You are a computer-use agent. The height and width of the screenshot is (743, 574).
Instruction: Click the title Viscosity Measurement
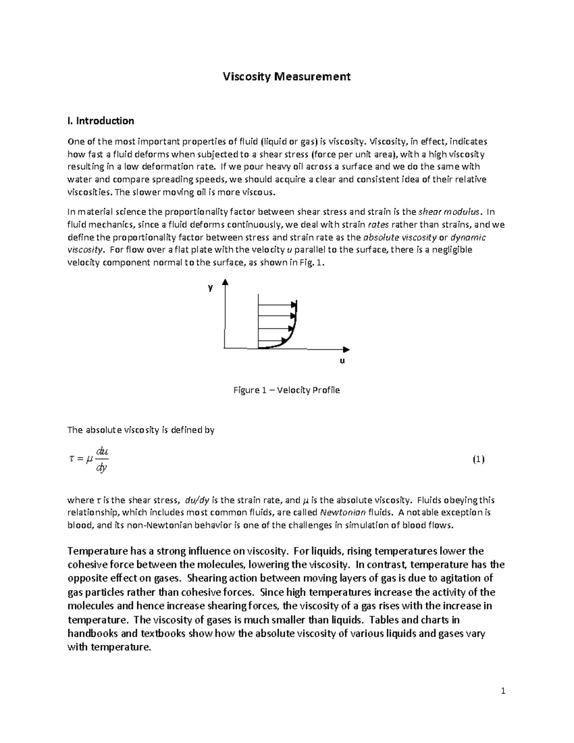(287, 77)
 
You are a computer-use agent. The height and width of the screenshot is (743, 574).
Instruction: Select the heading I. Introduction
(101, 121)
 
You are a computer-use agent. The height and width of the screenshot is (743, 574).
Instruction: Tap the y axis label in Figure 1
(210, 288)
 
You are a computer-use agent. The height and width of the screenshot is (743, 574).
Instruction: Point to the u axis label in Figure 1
(342, 361)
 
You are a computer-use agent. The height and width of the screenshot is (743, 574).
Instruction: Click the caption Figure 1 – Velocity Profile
(287, 390)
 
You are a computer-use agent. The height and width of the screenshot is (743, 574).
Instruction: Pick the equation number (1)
(478, 460)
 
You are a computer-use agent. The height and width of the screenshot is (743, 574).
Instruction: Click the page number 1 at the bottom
(503, 691)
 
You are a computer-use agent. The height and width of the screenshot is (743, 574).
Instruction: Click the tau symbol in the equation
(72, 459)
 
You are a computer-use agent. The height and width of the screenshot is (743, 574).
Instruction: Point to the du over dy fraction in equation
(102, 460)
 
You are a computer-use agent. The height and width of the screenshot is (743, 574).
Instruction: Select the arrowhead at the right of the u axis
(346, 349)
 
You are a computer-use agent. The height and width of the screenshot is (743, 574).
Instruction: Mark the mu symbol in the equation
(88, 460)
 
